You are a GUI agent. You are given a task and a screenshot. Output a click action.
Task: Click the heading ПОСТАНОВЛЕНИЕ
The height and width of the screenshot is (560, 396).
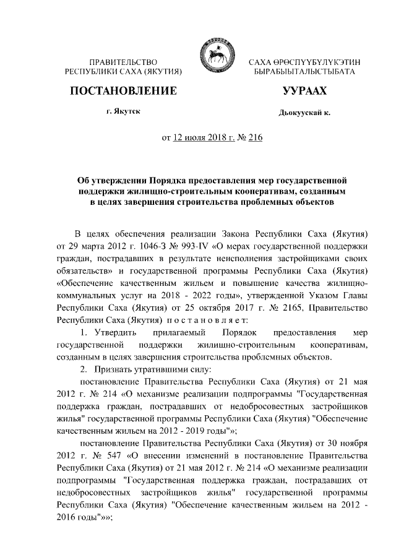tap(123, 92)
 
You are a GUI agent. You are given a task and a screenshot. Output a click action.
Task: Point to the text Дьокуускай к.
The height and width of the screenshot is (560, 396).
tap(304, 113)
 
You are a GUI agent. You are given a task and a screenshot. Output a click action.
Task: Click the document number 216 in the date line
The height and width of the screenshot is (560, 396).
tap(255, 137)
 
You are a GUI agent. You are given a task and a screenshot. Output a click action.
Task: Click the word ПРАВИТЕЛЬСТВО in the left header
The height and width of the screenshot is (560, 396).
tap(123, 62)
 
